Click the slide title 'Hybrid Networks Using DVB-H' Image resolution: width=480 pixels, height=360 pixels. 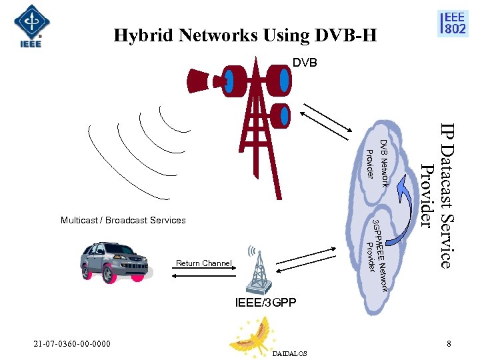click(x=245, y=35)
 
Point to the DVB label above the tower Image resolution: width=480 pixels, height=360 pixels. click(x=305, y=63)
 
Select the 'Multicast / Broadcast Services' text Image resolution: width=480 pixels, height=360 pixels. click(x=123, y=220)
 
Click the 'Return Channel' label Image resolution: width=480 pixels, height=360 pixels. click(x=203, y=263)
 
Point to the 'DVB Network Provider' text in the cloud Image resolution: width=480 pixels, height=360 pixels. click(x=377, y=160)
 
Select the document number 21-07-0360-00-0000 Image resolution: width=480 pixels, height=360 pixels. click(x=73, y=344)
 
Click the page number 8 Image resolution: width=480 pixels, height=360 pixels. click(x=449, y=344)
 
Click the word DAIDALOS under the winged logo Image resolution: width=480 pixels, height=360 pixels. click(x=290, y=353)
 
